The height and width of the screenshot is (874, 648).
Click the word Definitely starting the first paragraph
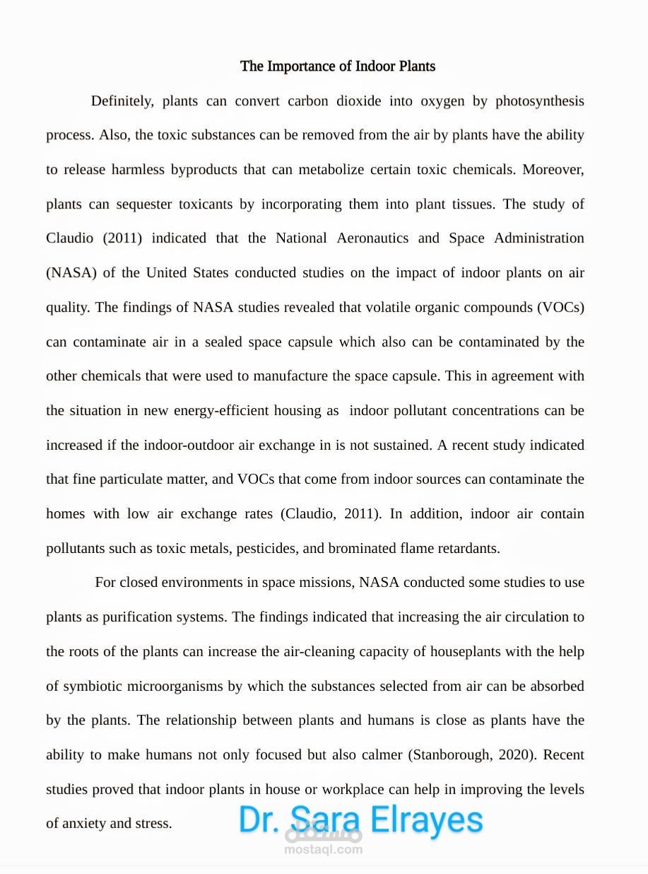(122, 101)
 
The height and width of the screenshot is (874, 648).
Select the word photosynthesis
(539, 101)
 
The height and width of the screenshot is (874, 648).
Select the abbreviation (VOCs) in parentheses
(560, 308)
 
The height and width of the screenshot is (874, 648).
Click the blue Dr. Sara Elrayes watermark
(360, 820)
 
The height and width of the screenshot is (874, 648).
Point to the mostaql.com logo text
(323, 850)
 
